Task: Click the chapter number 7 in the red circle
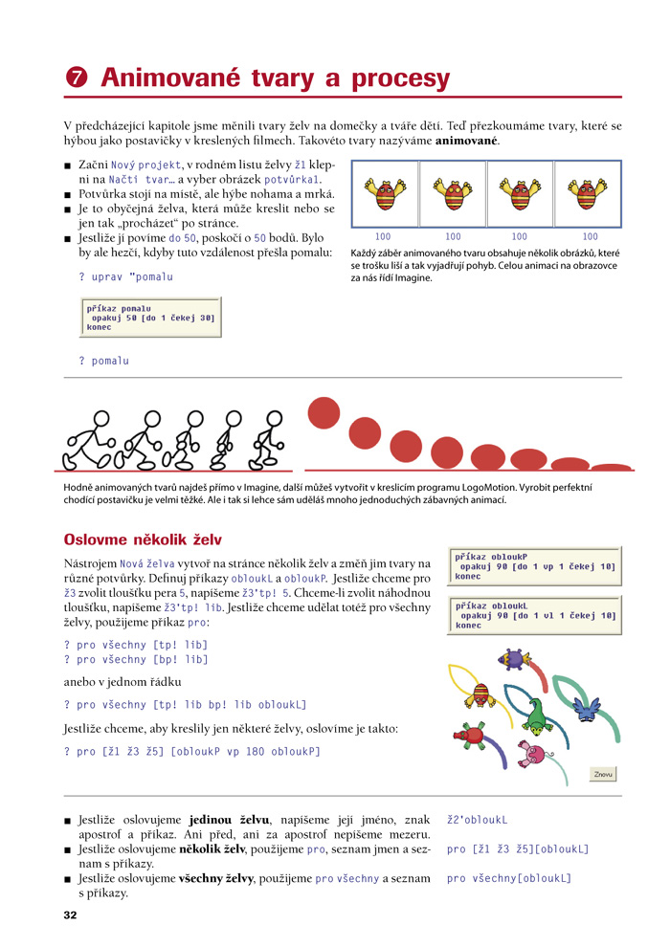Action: pyautogui.click(x=77, y=77)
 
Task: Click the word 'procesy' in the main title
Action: pyautogui.click(x=400, y=78)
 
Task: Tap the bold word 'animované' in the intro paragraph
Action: pyautogui.click(x=466, y=141)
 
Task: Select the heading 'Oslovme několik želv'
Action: pyautogui.click(x=143, y=540)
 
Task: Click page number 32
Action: pyautogui.click(x=70, y=914)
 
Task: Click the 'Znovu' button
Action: pyautogui.click(x=603, y=774)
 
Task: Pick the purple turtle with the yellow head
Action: pyautogui.click(x=514, y=659)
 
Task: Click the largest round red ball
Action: pyautogui.click(x=324, y=413)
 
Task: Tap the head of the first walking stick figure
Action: pyautogui.click(x=101, y=419)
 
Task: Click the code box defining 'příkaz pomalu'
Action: pyautogui.click(x=150, y=317)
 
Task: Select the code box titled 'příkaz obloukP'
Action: pyautogui.click(x=535, y=566)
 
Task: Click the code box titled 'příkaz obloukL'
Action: pyautogui.click(x=535, y=615)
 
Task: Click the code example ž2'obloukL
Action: pyautogui.click(x=478, y=820)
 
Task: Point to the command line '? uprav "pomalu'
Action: pyautogui.click(x=125, y=276)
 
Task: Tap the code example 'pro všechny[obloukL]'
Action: pyautogui.click(x=508, y=878)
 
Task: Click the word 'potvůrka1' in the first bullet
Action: pyautogui.click(x=291, y=180)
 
